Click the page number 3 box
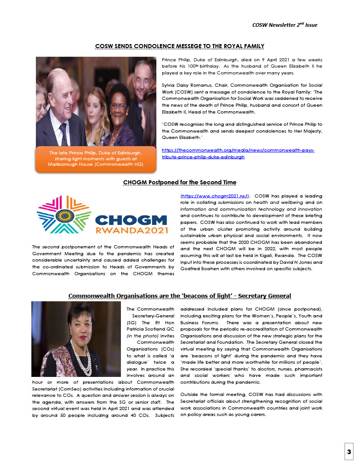coord(349,452)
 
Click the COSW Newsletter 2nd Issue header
coord(285,25)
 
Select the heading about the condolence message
coord(180,46)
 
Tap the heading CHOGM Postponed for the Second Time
coord(180,183)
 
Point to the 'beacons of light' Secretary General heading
coord(180,296)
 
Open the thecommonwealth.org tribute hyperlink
coord(238,153)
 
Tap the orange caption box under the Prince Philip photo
coord(95,158)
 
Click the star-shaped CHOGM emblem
coord(64,214)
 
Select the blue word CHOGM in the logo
coord(131,220)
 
